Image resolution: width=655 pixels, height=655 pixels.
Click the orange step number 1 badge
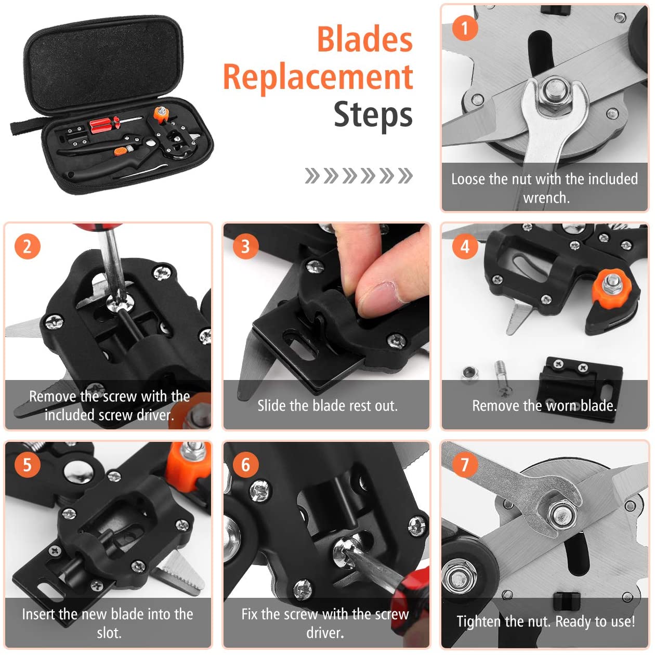click(x=465, y=28)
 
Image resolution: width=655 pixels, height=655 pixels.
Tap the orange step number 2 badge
click(x=27, y=246)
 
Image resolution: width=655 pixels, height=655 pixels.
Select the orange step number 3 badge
click(x=245, y=246)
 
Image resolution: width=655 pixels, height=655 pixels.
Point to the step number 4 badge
click(x=465, y=246)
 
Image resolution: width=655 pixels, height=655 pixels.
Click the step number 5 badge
click(x=27, y=464)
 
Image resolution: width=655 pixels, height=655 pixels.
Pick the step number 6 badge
click(x=245, y=464)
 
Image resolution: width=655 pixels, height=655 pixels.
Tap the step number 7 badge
click(x=465, y=464)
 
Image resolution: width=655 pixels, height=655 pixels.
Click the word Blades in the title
click(x=364, y=40)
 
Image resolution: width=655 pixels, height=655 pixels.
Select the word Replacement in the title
click(x=318, y=77)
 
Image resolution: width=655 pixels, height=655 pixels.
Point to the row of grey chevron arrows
click(x=359, y=176)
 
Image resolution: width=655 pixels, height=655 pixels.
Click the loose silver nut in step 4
click(x=470, y=373)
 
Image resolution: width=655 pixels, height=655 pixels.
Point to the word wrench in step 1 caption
click(x=546, y=198)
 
